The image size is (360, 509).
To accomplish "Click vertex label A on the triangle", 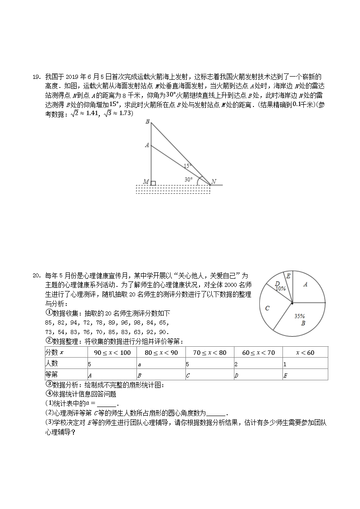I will click(147, 145).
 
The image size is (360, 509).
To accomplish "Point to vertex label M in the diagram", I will click(146, 182).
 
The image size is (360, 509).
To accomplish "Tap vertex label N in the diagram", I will click(213, 182).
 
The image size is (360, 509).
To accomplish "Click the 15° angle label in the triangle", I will click(188, 166).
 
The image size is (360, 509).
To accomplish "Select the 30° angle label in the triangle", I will click(188, 179).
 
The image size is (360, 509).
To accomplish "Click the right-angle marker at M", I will click(153, 183).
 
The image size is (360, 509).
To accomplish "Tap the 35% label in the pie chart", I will click(299, 316).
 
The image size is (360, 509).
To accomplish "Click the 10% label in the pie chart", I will click(280, 288).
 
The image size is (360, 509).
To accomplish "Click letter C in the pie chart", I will click(268, 308).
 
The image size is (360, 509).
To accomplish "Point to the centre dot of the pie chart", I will click(292, 303).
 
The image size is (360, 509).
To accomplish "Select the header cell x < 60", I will click(305, 353).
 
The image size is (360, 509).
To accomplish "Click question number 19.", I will click(37, 77).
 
